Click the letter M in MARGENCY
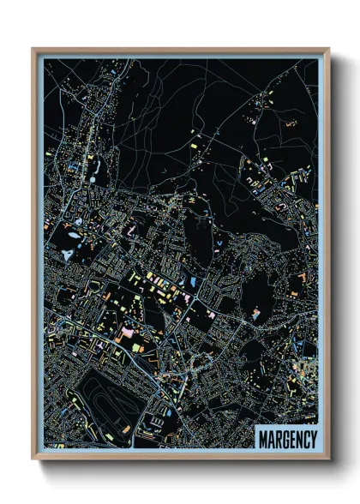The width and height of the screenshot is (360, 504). point(262,440)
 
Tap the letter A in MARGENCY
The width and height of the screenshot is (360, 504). point(270,440)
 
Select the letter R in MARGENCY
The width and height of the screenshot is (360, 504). point(278,440)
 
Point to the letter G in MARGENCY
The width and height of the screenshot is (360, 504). point(285,440)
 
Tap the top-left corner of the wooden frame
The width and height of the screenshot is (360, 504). point(33,49)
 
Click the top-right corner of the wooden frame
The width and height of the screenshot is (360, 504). point(328,49)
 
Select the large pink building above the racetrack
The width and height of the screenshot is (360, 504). point(129,331)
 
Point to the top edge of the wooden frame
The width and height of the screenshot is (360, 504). point(180,50)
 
